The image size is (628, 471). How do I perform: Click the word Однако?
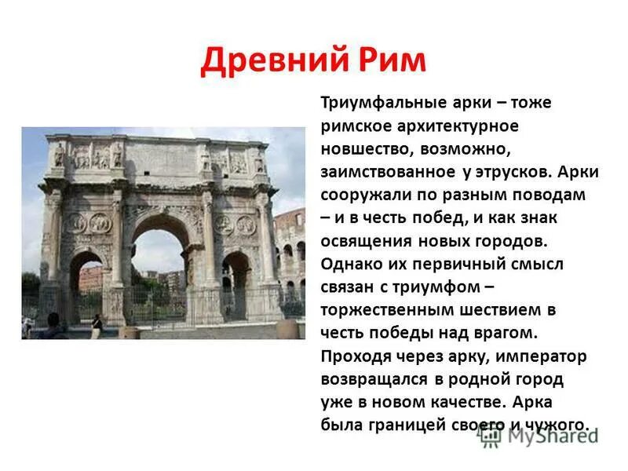(x=349, y=262)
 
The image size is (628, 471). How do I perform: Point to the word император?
(x=546, y=356)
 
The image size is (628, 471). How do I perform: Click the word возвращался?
(x=372, y=380)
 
